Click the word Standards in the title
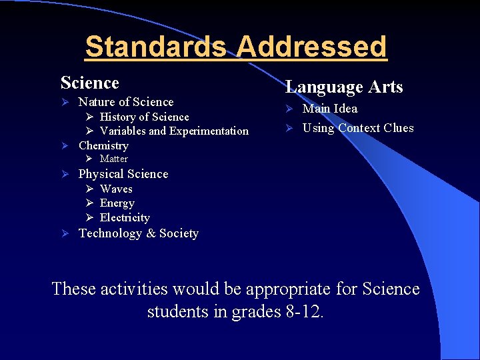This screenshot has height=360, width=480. [x=157, y=47]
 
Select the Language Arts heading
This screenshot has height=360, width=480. [x=344, y=87]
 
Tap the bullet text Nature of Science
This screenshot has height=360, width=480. [x=125, y=102]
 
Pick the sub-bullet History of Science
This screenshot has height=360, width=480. [x=144, y=117]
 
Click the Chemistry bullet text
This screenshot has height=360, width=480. [x=103, y=145]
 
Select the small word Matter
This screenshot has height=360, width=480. [x=113, y=159]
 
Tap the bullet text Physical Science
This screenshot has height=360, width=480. [x=123, y=174]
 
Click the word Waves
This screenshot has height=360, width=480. [x=116, y=189]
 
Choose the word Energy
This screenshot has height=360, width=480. [x=117, y=203]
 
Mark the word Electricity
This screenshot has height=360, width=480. [x=125, y=218]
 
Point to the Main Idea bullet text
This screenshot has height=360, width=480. [x=330, y=109]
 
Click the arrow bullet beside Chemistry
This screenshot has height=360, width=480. [x=65, y=146]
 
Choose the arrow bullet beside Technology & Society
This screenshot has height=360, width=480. [x=65, y=234]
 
